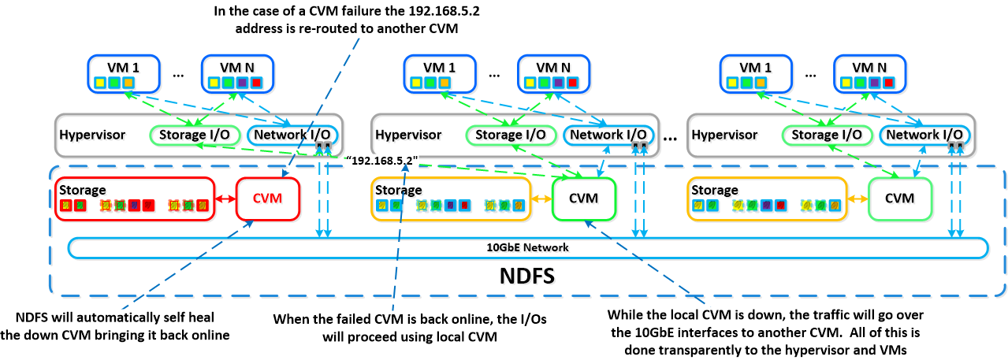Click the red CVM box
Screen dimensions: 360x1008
pos(268,199)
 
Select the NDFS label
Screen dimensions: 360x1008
pos(527,276)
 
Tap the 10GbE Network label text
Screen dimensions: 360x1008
pos(527,247)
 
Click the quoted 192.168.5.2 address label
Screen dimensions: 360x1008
pos(382,161)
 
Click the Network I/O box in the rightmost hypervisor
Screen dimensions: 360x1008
pos(924,135)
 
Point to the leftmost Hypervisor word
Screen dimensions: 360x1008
pos(92,135)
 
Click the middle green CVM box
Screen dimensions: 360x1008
pos(584,199)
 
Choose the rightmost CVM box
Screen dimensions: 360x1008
pos(899,199)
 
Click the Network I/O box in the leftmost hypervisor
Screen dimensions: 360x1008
pos(290,135)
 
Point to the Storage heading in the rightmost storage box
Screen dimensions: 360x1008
pos(715,190)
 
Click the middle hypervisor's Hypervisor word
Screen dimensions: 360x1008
pos(408,135)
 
